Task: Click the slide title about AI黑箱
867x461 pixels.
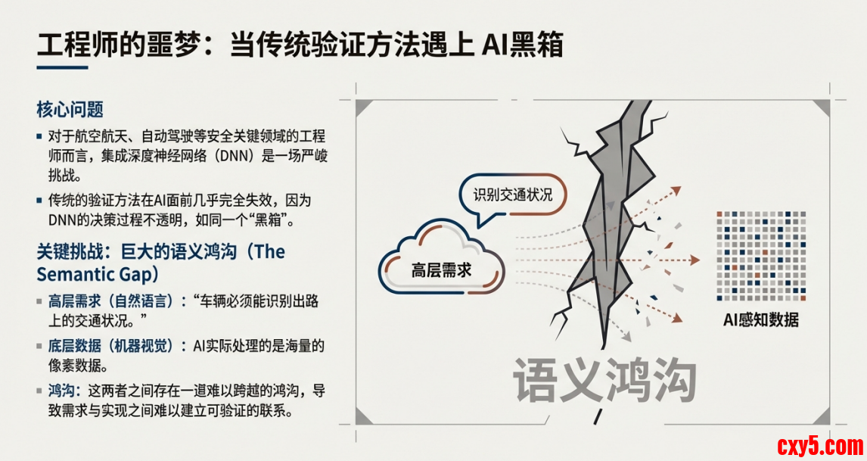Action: point(300,44)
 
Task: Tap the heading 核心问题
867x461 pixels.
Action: point(70,110)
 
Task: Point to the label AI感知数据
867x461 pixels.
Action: point(761,319)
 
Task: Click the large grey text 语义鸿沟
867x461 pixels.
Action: point(604,380)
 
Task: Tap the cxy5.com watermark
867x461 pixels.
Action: point(820,446)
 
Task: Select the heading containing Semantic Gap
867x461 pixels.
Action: point(161,263)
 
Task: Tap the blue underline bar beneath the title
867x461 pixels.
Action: point(63,68)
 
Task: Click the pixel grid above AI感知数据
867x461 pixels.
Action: point(761,256)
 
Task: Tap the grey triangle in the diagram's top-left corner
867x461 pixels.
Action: point(362,107)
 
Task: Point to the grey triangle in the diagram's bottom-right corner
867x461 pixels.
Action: point(823,417)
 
